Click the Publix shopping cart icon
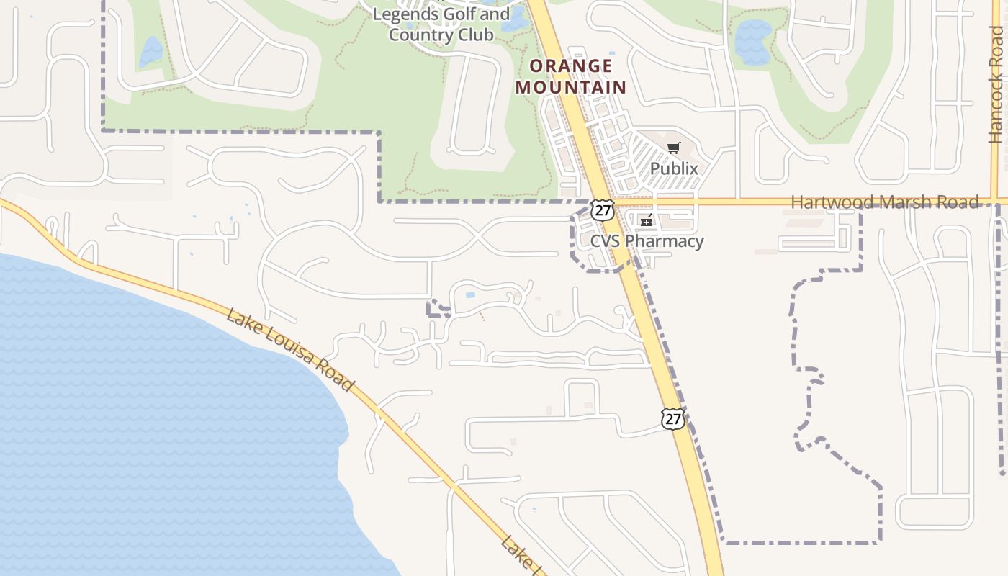[x=674, y=148]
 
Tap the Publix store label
[x=674, y=168]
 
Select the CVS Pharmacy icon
[x=647, y=220]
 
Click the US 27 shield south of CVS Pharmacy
[x=672, y=418]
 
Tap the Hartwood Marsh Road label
[x=885, y=202]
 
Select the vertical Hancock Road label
[x=996, y=86]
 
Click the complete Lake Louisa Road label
[x=290, y=350]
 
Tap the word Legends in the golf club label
[x=405, y=14]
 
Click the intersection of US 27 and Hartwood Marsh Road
[x=614, y=202]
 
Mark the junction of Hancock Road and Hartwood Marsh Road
[x=996, y=202]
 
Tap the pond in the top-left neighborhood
[x=152, y=52]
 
